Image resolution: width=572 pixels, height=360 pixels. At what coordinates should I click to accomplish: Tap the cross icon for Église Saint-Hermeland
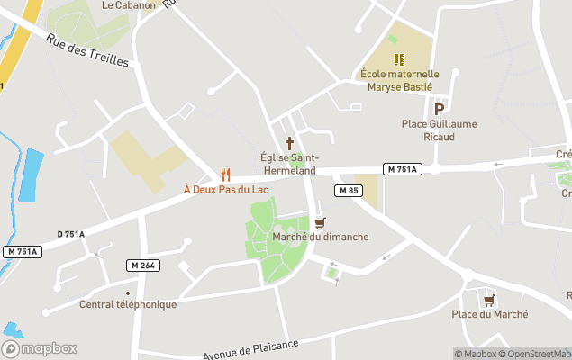click(x=290, y=142)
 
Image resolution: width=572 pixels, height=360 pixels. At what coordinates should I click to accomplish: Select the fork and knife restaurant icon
click(x=225, y=175)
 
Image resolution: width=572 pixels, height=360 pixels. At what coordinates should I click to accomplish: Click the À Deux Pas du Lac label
click(x=226, y=189)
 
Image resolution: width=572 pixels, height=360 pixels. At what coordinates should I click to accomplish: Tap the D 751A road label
click(x=70, y=234)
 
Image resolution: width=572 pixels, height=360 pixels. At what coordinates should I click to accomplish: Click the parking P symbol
click(x=440, y=109)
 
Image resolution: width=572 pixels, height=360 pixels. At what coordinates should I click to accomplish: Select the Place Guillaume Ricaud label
click(x=440, y=130)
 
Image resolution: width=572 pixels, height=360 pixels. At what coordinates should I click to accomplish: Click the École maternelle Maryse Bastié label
click(x=399, y=80)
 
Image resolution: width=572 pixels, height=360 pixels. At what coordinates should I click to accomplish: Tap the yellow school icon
click(x=399, y=59)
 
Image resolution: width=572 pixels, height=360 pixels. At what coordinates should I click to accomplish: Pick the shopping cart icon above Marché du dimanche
click(x=320, y=222)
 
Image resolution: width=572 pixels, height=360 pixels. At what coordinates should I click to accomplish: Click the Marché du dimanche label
click(x=321, y=237)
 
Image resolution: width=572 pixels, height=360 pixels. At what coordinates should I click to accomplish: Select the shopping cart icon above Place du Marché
click(x=489, y=300)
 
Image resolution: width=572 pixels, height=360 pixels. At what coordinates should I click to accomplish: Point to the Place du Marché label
click(x=490, y=314)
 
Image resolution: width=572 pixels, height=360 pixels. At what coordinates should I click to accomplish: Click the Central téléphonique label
click(x=128, y=304)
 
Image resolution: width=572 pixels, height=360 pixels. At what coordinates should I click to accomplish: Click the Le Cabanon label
click(x=129, y=4)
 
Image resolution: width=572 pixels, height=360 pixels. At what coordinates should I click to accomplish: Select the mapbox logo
click(x=41, y=348)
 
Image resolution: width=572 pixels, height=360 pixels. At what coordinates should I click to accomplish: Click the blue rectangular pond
click(x=31, y=175)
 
